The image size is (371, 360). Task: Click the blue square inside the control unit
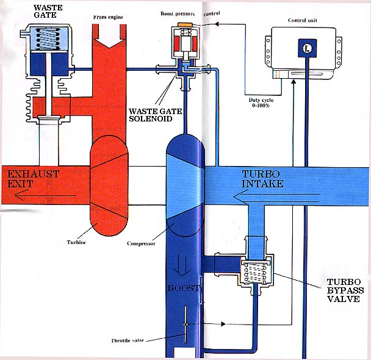(303, 48)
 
